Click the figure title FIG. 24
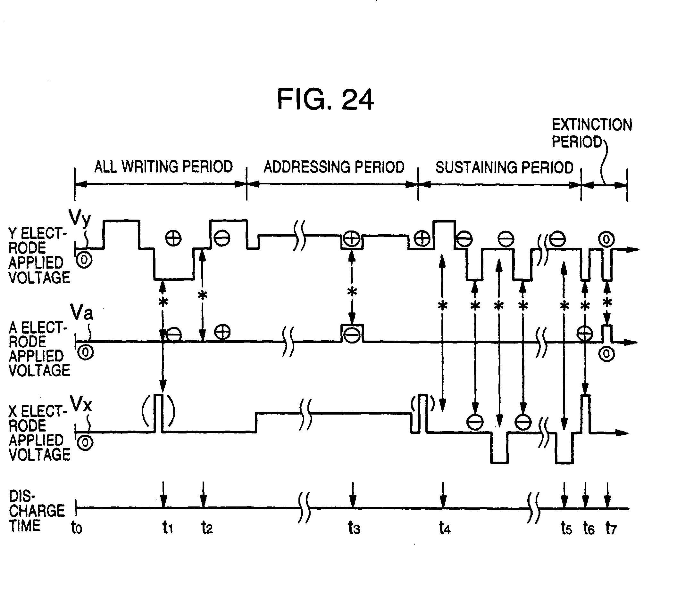pyautogui.click(x=325, y=99)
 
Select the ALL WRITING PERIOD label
pyautogui.click(x=163, y=166)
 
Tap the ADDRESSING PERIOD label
pyautogui.click(x=334, y=167)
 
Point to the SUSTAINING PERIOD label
pyautogui.click(x=504, y=167)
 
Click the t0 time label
pyautogui.click(x=77, y=528)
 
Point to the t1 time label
pyautogui.click(x=167, y=528)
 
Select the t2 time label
pyautogui.click(x=207, y=528)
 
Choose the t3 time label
pyautogui.click(x=354, y=528)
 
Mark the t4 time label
pyautogui.click(x=444, y=528)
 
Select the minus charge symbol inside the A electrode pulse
pyautogui.click(x=351, y=336)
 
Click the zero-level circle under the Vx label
pyautogui.click(x=85, y=443)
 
